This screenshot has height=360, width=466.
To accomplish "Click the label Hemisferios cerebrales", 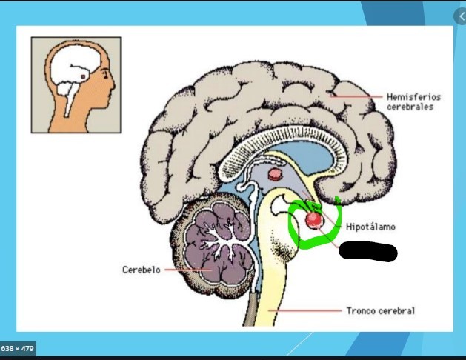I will click(x=410, y=101).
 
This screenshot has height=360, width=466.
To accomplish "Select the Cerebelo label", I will click(x=142, y=270).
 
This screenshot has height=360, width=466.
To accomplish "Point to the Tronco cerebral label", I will click(x=381, y=310).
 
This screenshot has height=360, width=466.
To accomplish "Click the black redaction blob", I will click(x=367, y=253).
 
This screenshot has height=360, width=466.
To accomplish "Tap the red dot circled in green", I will click(x=315, y=220).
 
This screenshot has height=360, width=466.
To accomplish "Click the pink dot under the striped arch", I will click(x=275, y=176).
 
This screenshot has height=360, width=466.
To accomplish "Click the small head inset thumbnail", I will click(x=76, y=84).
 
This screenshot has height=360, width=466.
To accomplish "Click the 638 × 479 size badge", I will click(x=18, y=348).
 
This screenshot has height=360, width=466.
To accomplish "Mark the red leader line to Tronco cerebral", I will click(x=311, y=310).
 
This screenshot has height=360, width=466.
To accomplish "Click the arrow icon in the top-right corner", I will click(x=459, y=15).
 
